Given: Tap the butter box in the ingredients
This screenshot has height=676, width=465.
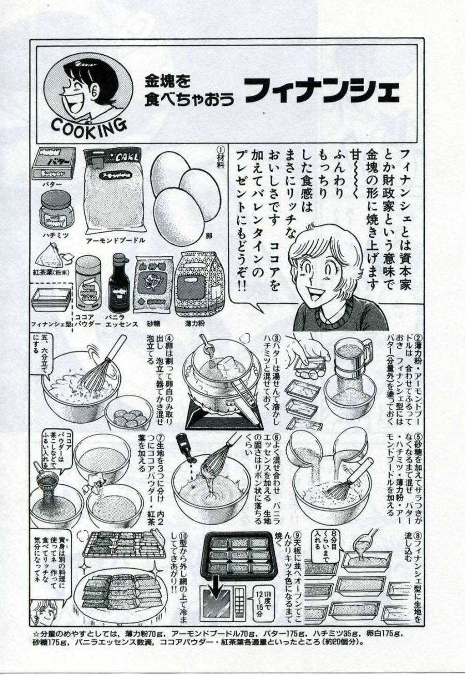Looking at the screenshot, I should click(x=54, y=164).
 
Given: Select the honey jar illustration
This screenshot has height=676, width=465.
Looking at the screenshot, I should click(x=56, y=208).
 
